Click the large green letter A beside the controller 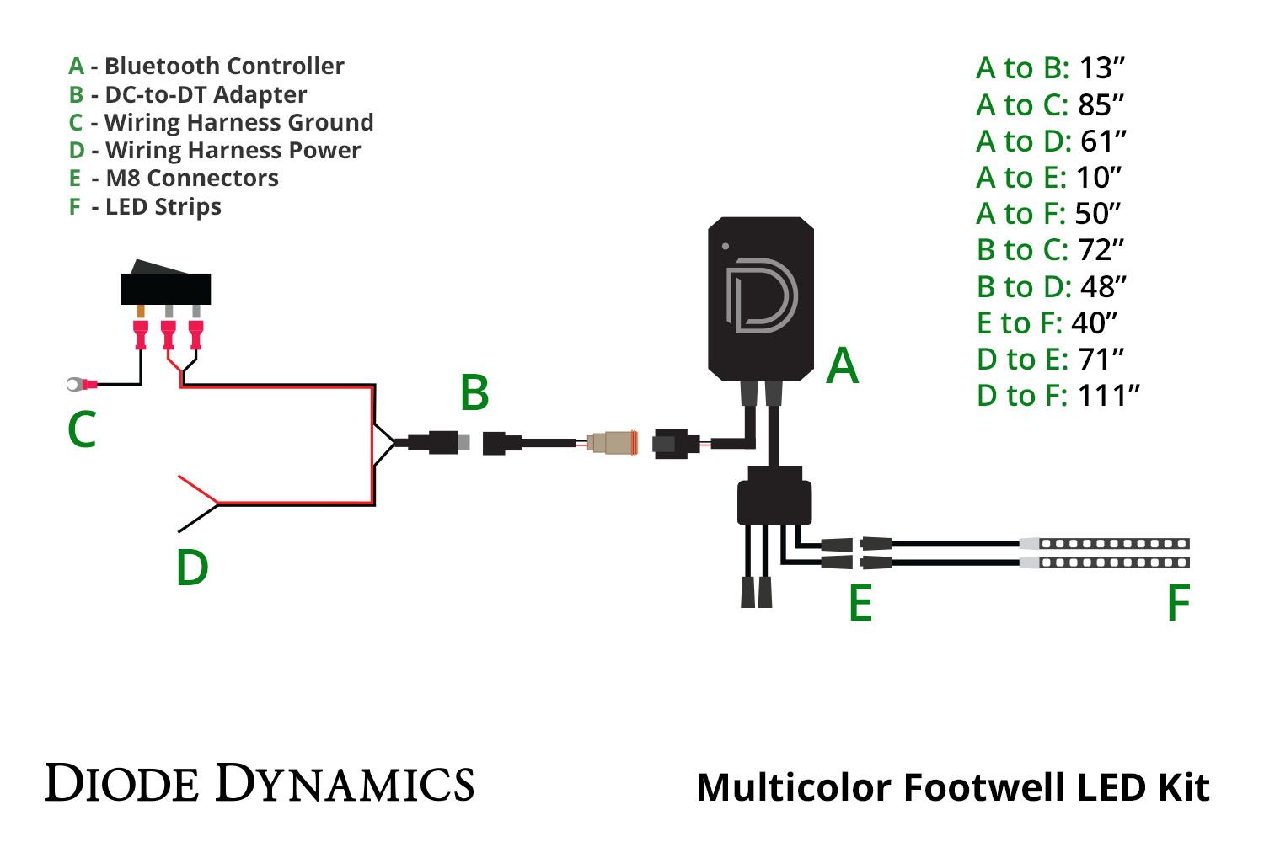click(x=842, y=366)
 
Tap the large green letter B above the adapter click(x=474, y=393)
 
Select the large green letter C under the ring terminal click(x=82, y=430)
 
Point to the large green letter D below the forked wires click(x=192, y=568)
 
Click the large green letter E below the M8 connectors click(x=860, y=603)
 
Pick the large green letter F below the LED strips click(x=1178, y=603)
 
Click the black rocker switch click(x=165, y=286)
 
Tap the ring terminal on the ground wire click(x=75, y=385)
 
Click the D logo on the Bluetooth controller click(x=761, y=296)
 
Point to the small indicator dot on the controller click(x=726, y=247)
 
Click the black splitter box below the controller click(x=774, y=502)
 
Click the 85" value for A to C click(x=1101, y=105)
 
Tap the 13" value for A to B click(x=1101, y=68)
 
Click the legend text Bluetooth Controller click(x=224, y=67)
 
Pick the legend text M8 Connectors click(x=192, y=179)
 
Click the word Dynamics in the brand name click(x=345, y=784)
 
